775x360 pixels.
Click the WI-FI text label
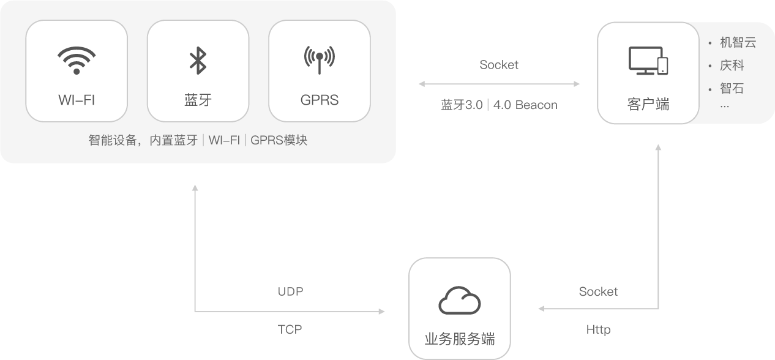tap(77, 100)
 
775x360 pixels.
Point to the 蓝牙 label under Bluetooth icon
tap(197, 100)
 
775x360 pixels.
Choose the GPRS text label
tap(319, 100)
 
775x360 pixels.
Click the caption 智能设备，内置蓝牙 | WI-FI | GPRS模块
tap(198, 140)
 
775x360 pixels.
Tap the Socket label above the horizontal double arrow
tap(499, 65)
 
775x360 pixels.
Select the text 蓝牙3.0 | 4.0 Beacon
tap(499, 105)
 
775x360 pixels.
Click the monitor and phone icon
tap(648, 61)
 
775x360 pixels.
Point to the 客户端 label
tap(648, 104)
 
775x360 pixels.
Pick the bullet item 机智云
tap(738, 43)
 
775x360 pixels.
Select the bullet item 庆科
tap(732, 66)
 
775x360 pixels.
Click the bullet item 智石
tap(732, 88)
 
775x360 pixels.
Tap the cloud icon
tap(459, 301)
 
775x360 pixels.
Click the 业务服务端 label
tap(459, 339)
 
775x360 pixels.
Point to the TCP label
tap(290, 329)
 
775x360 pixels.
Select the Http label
tap(598, 330)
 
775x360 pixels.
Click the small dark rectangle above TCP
tap(290, 292)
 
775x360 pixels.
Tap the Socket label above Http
tap(598, 292)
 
